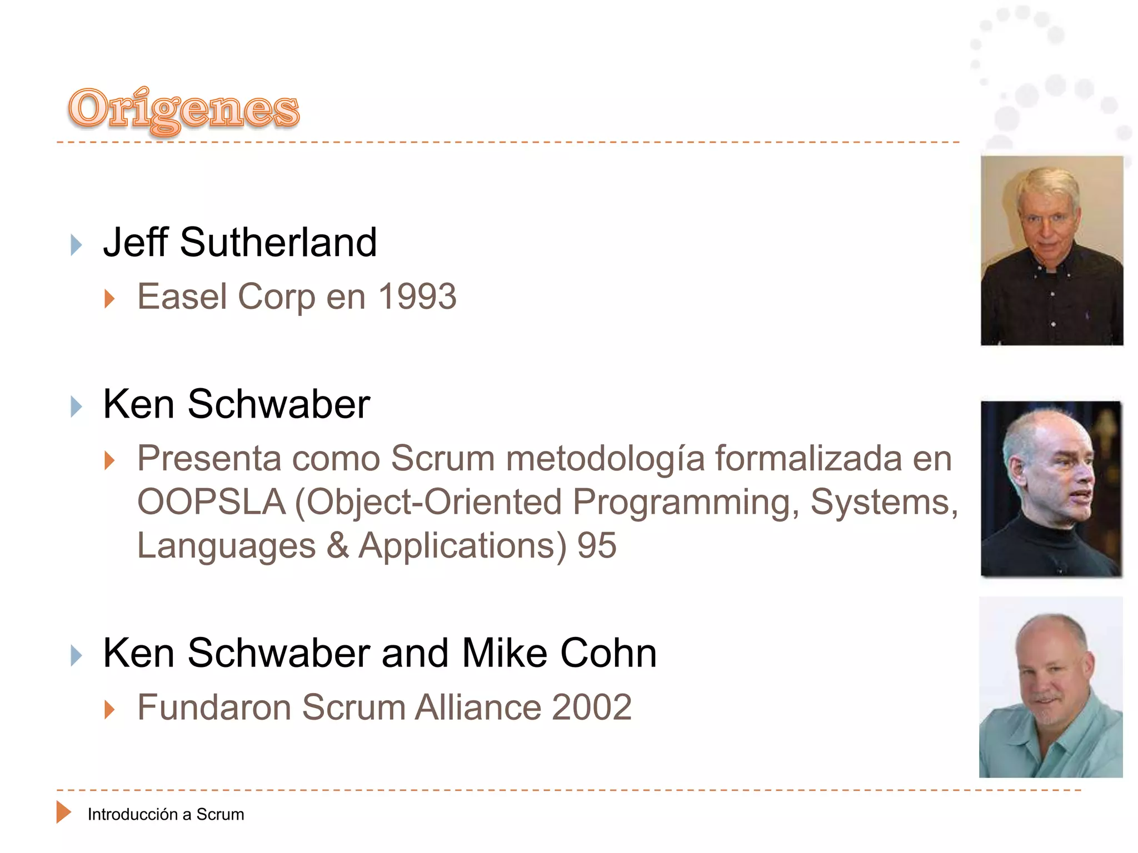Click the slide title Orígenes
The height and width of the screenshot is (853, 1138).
[183, 109]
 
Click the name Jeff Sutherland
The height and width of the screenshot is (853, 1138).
[240, 243]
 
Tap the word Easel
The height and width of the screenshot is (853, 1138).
[182, 297]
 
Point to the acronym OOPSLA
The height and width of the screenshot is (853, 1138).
[211, 502]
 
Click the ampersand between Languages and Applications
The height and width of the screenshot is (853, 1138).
[337, 545]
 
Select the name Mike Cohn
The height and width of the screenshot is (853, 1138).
[559, 653]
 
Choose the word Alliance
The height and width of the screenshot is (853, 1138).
[478, 708]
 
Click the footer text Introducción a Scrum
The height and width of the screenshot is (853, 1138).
[166, 814]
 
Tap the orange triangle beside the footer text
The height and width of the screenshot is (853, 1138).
[63, 812]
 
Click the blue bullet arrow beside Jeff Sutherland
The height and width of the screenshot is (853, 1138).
[76, 245]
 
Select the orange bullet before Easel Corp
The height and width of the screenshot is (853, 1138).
[109, 299]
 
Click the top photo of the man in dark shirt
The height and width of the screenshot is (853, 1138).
[1051, 250]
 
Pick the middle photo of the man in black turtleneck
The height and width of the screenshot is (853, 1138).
[1051, 489]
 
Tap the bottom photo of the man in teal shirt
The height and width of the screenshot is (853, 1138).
[1050, 687]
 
